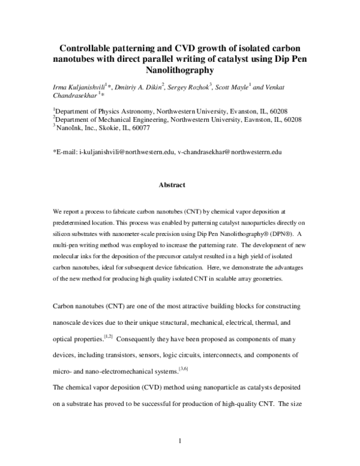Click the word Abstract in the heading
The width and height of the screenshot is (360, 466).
click(x=172, y=186)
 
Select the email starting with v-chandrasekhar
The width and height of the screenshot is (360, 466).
click(x=230, y=153)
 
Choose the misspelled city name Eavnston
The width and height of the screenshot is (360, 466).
click(x=245, y=119)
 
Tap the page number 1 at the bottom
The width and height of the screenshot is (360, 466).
click(x=180, y=442)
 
